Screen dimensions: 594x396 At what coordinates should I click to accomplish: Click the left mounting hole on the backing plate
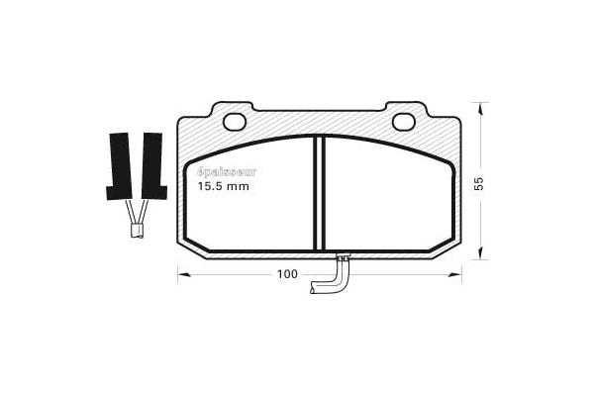coord(235,122)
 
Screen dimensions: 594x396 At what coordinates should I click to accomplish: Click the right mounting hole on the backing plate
coord(404,122)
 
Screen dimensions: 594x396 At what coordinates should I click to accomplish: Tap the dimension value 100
coord(287,274)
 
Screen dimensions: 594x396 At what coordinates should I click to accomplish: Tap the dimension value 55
coord(479,183)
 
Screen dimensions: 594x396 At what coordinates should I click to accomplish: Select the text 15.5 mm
coord(224,186)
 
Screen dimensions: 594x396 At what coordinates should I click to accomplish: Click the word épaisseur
coord(227,173)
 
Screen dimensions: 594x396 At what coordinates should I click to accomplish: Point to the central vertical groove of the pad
coord(320,193)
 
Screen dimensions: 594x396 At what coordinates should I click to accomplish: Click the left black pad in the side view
coord(119,166)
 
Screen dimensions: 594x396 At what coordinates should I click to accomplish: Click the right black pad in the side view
coord(153,166)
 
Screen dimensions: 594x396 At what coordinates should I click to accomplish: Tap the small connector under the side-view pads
coord(137,231)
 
